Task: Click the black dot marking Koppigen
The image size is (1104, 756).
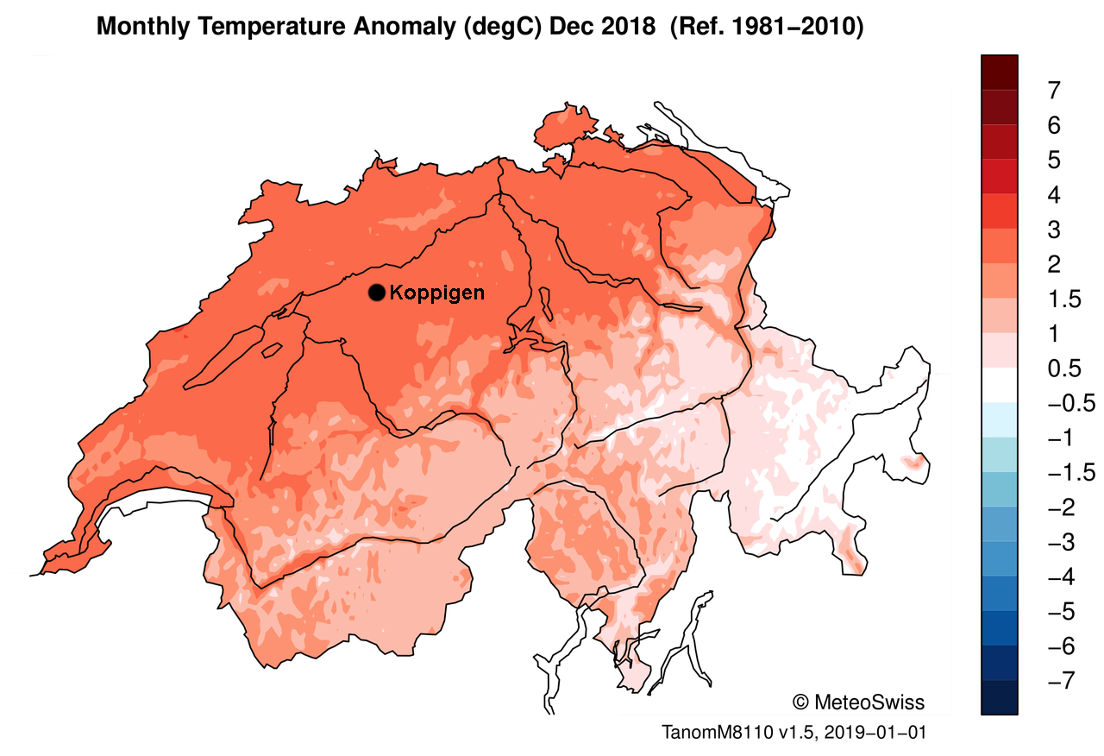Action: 376,293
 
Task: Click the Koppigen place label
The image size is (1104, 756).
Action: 436,293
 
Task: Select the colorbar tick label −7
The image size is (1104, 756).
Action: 1060,681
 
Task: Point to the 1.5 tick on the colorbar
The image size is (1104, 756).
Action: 1063,299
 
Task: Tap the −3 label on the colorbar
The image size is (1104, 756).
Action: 1060,542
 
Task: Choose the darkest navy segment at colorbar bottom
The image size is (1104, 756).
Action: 999,697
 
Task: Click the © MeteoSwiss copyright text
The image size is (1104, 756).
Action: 857,702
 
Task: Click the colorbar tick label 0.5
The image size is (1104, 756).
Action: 1063,369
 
